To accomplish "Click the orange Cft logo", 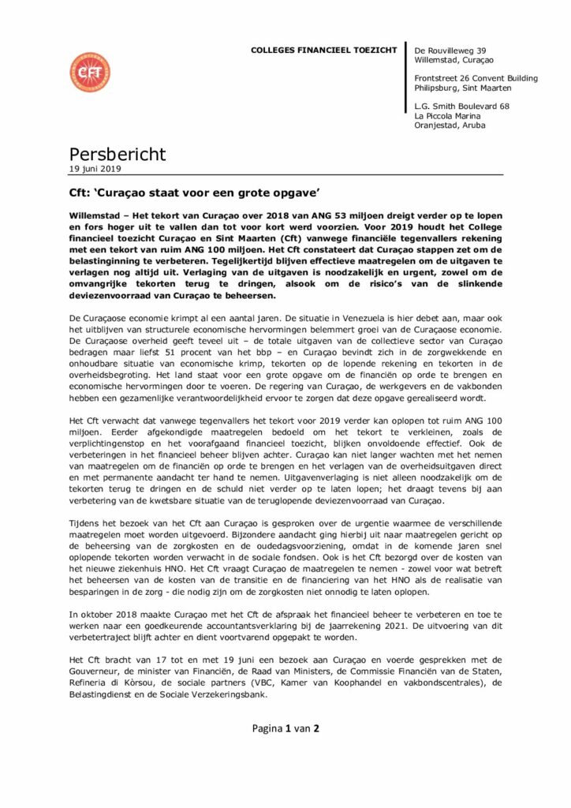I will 89,73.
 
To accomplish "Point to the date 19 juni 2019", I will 95,168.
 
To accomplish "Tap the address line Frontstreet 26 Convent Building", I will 476,78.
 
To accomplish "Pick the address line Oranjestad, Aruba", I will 450,125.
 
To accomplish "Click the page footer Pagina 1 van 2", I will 285,729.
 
